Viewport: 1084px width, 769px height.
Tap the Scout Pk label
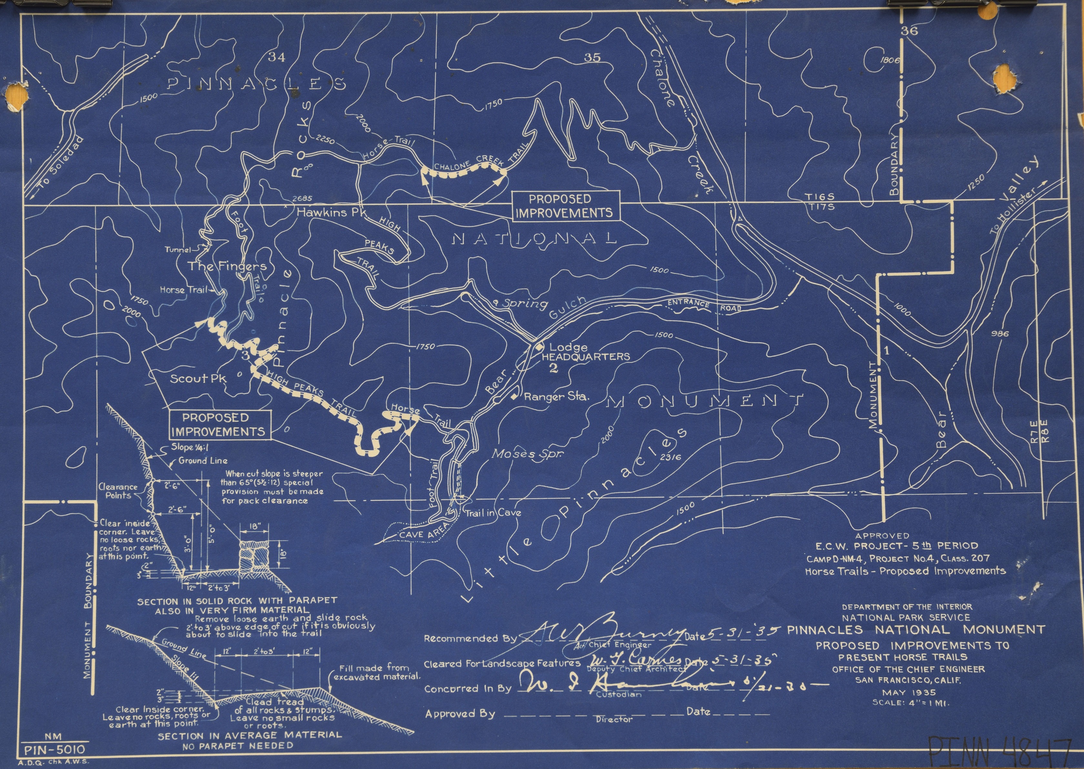pos(198,378)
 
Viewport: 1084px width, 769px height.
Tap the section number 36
pos(910,31)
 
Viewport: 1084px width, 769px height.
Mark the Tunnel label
pos(177,250)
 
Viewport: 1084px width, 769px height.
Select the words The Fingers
pos(227,266)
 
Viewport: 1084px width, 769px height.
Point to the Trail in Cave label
pos(493,512)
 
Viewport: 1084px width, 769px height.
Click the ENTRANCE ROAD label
pos(703,305)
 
